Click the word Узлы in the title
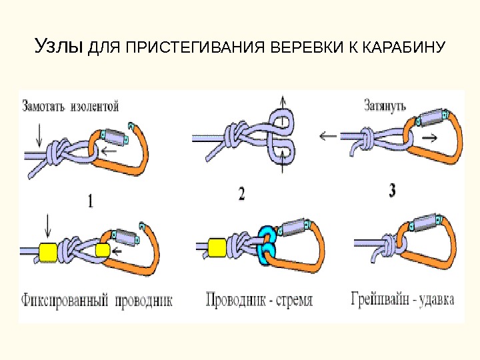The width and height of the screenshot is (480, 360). pos(59,47)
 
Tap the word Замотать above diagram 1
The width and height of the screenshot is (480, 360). pos(45,105)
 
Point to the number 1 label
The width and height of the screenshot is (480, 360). pos(89,200)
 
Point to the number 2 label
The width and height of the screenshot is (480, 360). pos(241,195)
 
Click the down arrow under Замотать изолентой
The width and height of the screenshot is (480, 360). pos(39,135)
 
